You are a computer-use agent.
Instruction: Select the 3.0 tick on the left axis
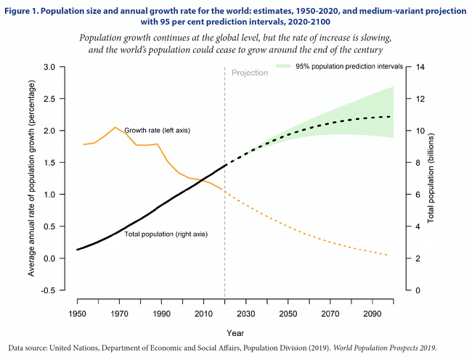pyautogui.click(x=50, y=67)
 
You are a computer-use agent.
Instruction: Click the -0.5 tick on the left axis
pyautogui.click(x=49, y=290)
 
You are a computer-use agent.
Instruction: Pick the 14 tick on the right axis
pyautogui.click(x=419, y=67)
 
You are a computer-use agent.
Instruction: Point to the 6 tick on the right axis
pyautogui.click(x=417, y=195)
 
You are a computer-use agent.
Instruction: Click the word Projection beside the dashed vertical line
pyautogui.click(x=250, y=73)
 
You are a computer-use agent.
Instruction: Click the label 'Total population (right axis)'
pyautogui.click(x=167, y=234)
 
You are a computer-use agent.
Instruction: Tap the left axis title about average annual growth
pyautogui.click(x=32, y=178)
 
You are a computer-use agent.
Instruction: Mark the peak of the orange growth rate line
pyautogui.click(x=115, y=127)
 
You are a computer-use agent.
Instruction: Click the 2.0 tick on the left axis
pyautogui.click(x=50, y=131)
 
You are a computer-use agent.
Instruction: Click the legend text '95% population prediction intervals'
pyautogui.click(x=349, y=67)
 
